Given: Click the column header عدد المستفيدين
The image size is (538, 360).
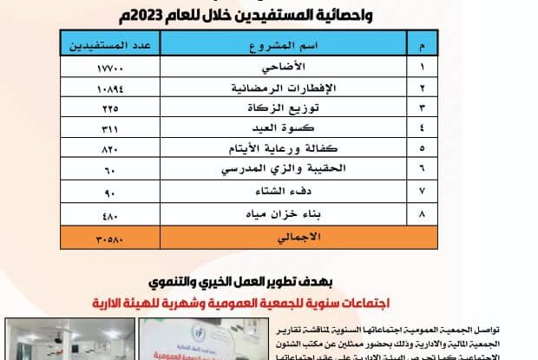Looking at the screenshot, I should [110, 44].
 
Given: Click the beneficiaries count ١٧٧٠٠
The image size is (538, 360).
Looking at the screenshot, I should [110, 66].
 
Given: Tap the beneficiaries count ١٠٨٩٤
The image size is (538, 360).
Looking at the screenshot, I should [110, 88].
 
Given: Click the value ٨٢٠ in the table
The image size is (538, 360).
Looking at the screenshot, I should [110, 148].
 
